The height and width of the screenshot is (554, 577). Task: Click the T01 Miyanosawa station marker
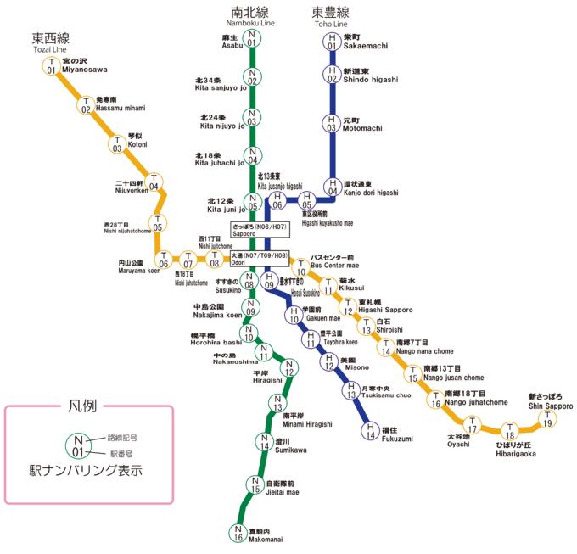(52, 65)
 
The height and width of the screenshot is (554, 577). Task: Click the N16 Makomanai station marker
(238, 533)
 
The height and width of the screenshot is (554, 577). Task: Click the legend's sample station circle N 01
(78, 445)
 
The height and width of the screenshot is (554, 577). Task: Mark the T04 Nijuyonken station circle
(154, 182)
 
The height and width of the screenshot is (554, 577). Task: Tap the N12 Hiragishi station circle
(289, 368)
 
